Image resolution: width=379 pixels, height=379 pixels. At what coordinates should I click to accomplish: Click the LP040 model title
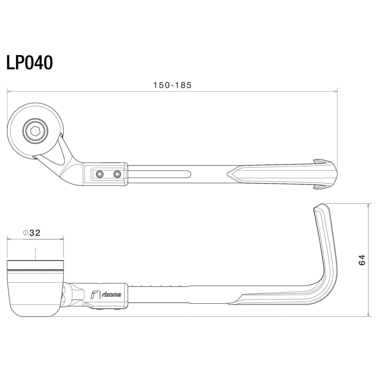[30, 63]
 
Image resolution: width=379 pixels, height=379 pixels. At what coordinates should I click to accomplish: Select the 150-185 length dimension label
[173, 85]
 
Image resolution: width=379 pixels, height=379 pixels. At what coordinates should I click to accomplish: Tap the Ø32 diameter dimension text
[32, 233]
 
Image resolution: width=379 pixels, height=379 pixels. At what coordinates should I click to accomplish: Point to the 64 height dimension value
[362, 260]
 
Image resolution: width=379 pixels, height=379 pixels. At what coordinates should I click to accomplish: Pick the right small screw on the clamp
[117, 174]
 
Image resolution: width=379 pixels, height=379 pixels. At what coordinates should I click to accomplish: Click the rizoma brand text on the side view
[111, 295]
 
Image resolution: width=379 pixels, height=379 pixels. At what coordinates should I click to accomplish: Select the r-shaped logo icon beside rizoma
[94, 295]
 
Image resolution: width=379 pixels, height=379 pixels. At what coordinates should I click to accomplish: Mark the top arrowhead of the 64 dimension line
[369, 205]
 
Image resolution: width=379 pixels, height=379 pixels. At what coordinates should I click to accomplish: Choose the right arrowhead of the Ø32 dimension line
[62, 239]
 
